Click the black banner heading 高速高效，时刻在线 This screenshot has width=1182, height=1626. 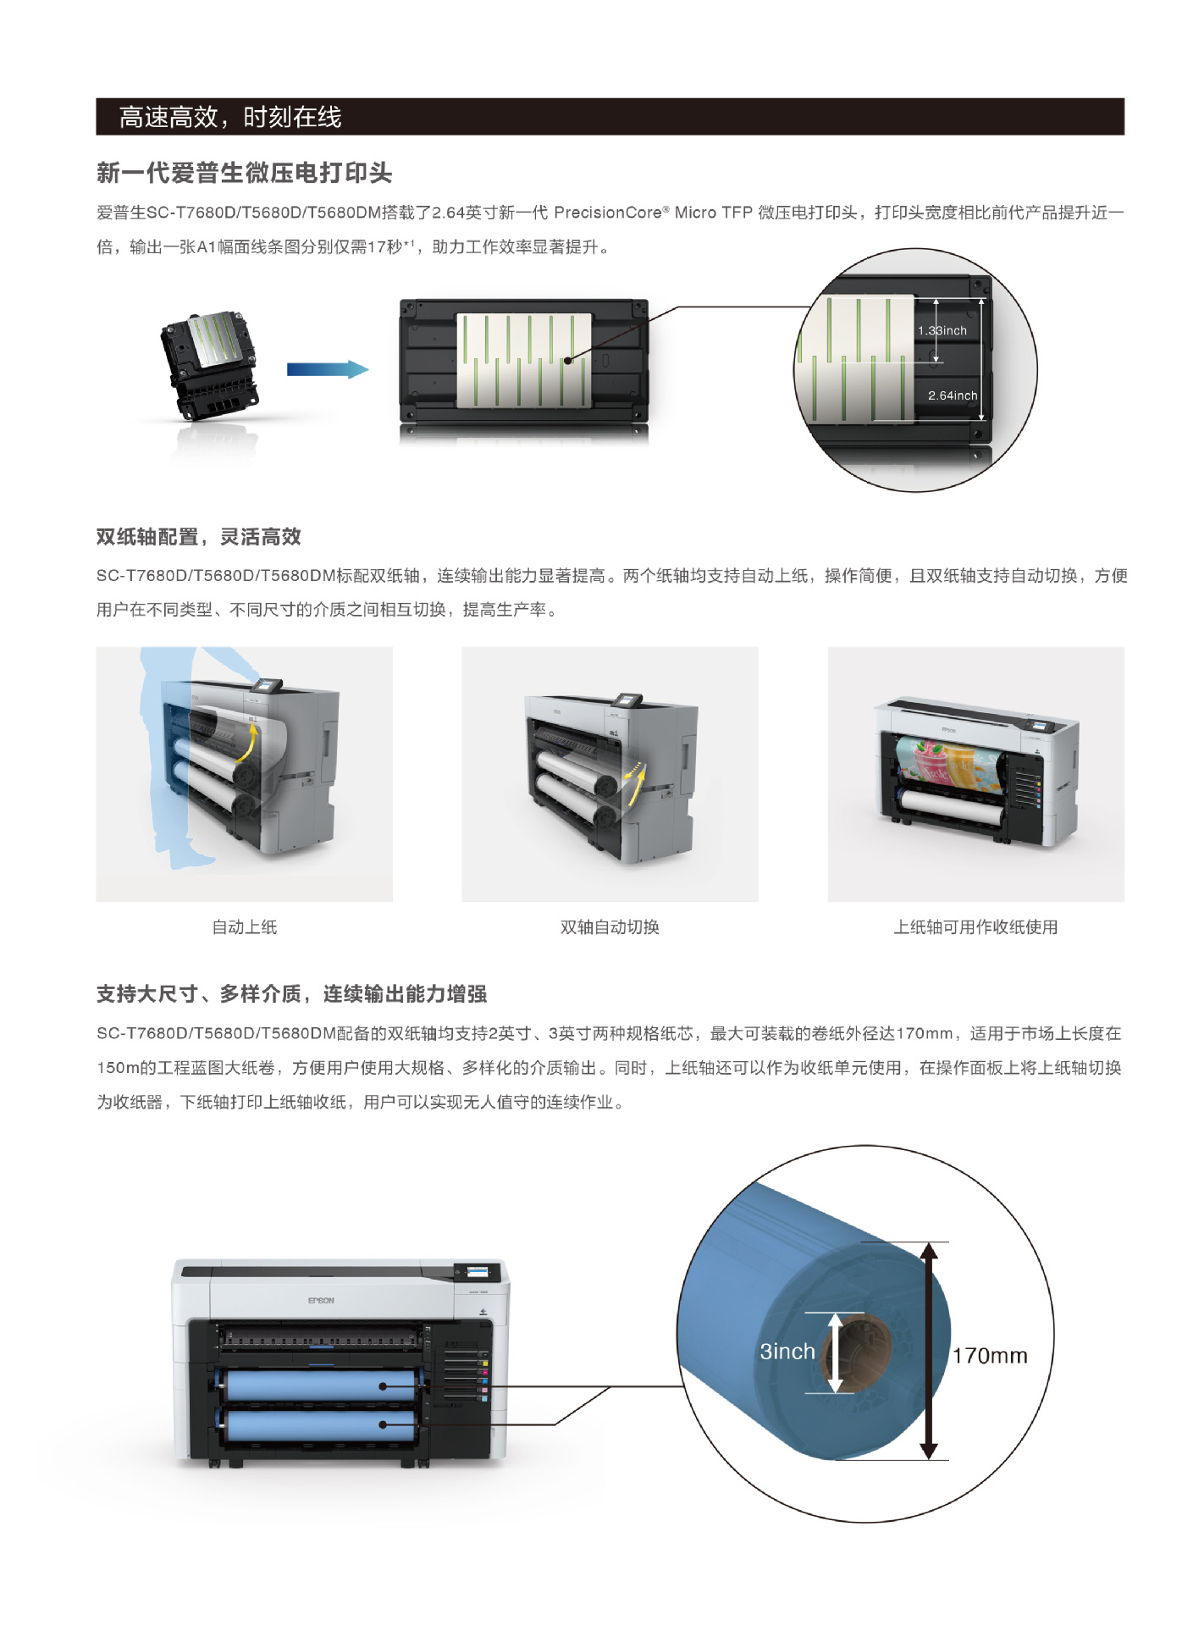(230, 117)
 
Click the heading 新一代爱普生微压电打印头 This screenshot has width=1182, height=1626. (244, 173)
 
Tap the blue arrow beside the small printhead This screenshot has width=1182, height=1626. (328, 369)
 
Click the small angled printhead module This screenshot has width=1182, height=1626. (209, 364)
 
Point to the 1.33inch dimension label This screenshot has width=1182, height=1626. (942, 330)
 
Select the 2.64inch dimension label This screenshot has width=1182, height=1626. (952, 395)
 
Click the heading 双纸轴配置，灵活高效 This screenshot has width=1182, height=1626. (198, 537)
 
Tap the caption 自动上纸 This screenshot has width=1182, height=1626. (244, 927)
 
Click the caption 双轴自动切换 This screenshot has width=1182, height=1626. (610, 927)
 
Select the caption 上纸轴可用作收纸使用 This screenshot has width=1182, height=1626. (975, 927)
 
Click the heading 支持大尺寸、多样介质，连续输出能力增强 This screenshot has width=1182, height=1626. (291, 994)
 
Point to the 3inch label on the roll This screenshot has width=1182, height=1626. (787, 1352)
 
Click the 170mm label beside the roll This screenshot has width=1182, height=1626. (989, 1356)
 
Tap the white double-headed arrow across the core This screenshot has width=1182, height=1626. (835, 1352)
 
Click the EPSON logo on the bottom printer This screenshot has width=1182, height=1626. (321, 1300)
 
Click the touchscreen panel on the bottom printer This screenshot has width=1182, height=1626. (478, 1272)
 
